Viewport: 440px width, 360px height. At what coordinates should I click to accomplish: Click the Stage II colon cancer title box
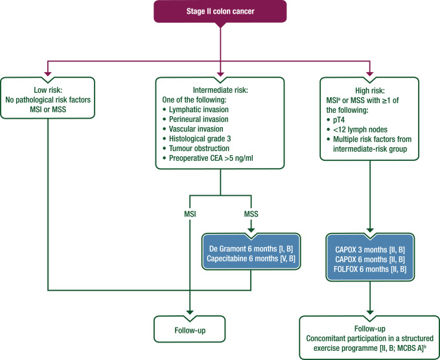click(x=220, y=11)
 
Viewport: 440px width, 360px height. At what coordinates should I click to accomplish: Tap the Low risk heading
click(x=48, y=90)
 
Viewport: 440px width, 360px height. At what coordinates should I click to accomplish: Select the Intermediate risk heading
click(x=220, y=90)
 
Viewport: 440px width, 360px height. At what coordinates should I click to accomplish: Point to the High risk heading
click(x=370, y=90)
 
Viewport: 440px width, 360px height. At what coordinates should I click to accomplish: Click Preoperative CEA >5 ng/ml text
click(x=211, y=158)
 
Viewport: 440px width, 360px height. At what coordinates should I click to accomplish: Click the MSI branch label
click(x=190, y=214)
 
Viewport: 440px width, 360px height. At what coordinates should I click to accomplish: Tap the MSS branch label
click(x=251, y=214)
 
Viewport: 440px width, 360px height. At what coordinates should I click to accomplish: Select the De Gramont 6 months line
click(x=251, y=249)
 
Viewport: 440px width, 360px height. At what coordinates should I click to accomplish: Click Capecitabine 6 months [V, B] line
click(x=251, y=258)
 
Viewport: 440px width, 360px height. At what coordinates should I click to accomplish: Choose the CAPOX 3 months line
click(x=370, y=250)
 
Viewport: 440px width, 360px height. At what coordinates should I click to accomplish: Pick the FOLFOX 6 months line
click(x=370, y=269)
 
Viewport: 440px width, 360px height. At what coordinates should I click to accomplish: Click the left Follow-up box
click(x=190, y=329)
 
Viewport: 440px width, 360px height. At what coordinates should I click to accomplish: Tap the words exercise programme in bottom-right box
click(x=345, y=348)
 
